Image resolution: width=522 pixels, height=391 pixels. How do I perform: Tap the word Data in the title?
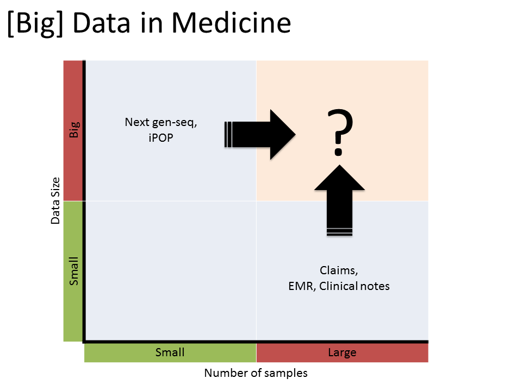pos(103,24)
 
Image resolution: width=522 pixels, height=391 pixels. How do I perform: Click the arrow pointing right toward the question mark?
pos(261,135)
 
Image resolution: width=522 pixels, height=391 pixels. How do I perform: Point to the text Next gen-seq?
pos(161,122)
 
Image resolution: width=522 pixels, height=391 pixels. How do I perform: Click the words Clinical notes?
pos(355,286)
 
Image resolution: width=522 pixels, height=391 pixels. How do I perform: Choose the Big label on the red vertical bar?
pos(74,130)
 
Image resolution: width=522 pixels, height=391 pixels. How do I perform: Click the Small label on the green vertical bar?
pos(74,271)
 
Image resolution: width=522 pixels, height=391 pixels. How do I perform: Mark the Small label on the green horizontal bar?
pos(170,352)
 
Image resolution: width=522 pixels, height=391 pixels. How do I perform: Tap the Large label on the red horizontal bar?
pos(342,352)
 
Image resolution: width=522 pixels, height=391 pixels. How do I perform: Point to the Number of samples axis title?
pos(256,373)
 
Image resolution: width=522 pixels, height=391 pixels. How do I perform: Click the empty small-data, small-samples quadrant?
pos(170,271)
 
